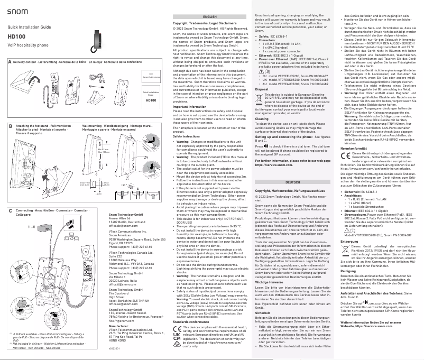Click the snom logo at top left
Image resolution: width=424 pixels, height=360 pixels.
(x=17, y=11)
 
